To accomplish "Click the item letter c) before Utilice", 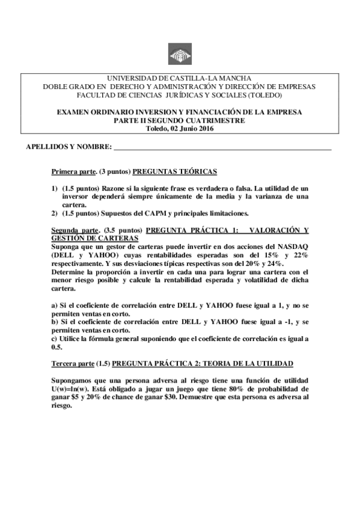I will pos(55,339).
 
